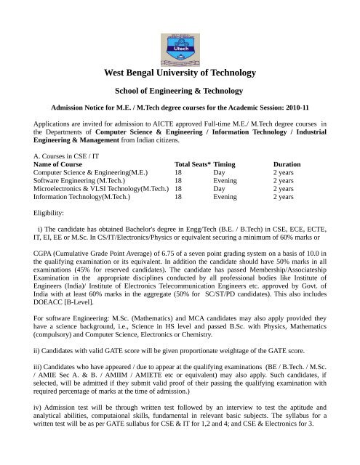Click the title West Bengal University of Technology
click(x=180, y=73)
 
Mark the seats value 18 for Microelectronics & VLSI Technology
click(x=178, y=185)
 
